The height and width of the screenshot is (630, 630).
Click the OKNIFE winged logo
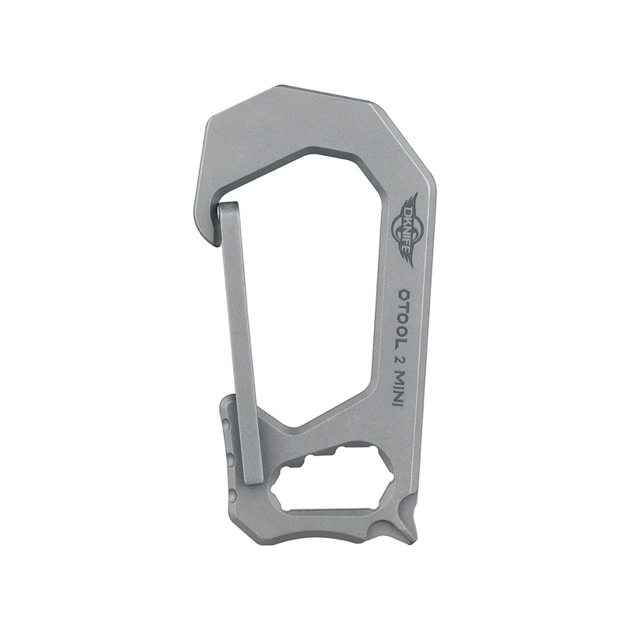click(411, 224)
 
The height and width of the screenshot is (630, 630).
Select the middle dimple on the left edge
click(229, 459)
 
